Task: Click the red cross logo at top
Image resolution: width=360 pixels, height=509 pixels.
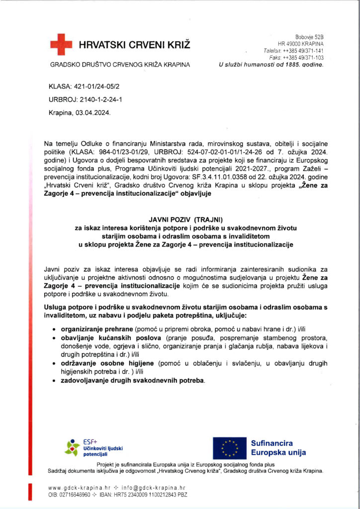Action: [61, 45]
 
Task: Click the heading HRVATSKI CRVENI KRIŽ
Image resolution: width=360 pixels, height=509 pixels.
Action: [134, 45]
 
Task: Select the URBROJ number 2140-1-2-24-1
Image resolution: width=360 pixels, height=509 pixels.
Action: [98, 99]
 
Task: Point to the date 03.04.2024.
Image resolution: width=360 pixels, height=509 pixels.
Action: [93, 113]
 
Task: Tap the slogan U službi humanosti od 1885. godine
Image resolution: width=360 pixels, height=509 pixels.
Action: [271, 65]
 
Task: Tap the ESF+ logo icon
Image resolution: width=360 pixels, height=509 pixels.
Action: [73, 448]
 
